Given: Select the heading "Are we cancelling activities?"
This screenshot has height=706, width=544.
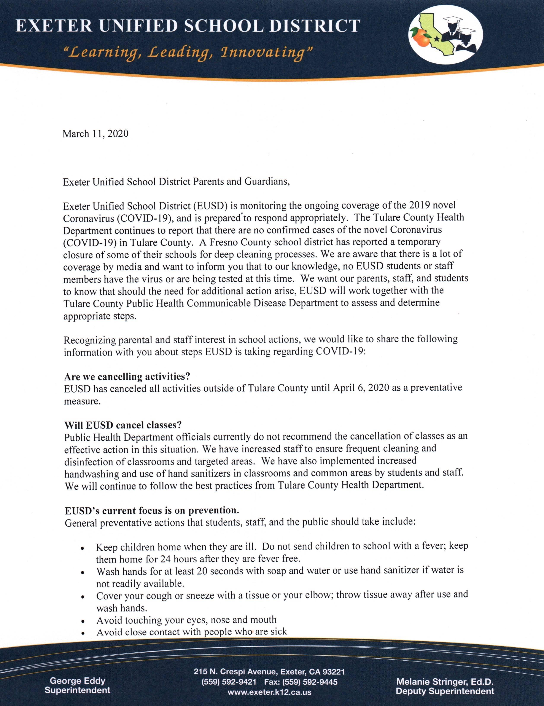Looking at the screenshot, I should pyautogui.click(x=127, y=377).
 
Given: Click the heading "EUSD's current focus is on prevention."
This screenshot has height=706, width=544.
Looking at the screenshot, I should pyautogui.click(x=152, y=510).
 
